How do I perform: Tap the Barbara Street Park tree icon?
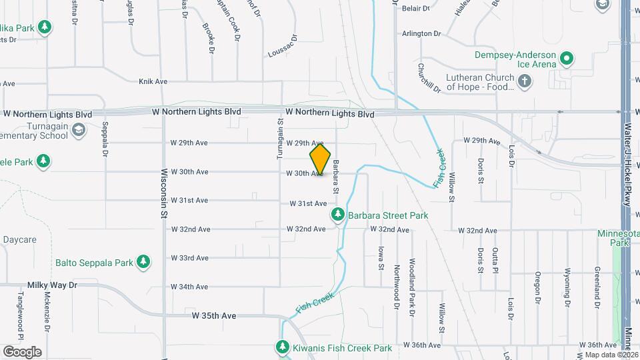(x=338, y=215)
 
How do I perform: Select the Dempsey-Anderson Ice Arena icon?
(x=567, y=59)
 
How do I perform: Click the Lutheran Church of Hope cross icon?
(x=525, y=81)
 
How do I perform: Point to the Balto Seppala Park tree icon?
(x=142, y=263)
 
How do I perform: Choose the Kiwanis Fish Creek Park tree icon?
(x=283, y=348)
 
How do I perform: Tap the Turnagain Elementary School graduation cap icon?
(x=79, y=130)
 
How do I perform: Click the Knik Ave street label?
(x=153, y=81)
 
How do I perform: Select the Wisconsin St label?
(x=163, y=193)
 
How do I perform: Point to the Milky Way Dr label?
(x=53, y=285)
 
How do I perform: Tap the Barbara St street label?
(x=337, y=177)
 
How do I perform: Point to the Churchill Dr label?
(x=421, y=77)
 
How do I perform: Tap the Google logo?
(x=22, y=352)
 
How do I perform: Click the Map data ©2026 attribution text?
(x=611, y=355)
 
